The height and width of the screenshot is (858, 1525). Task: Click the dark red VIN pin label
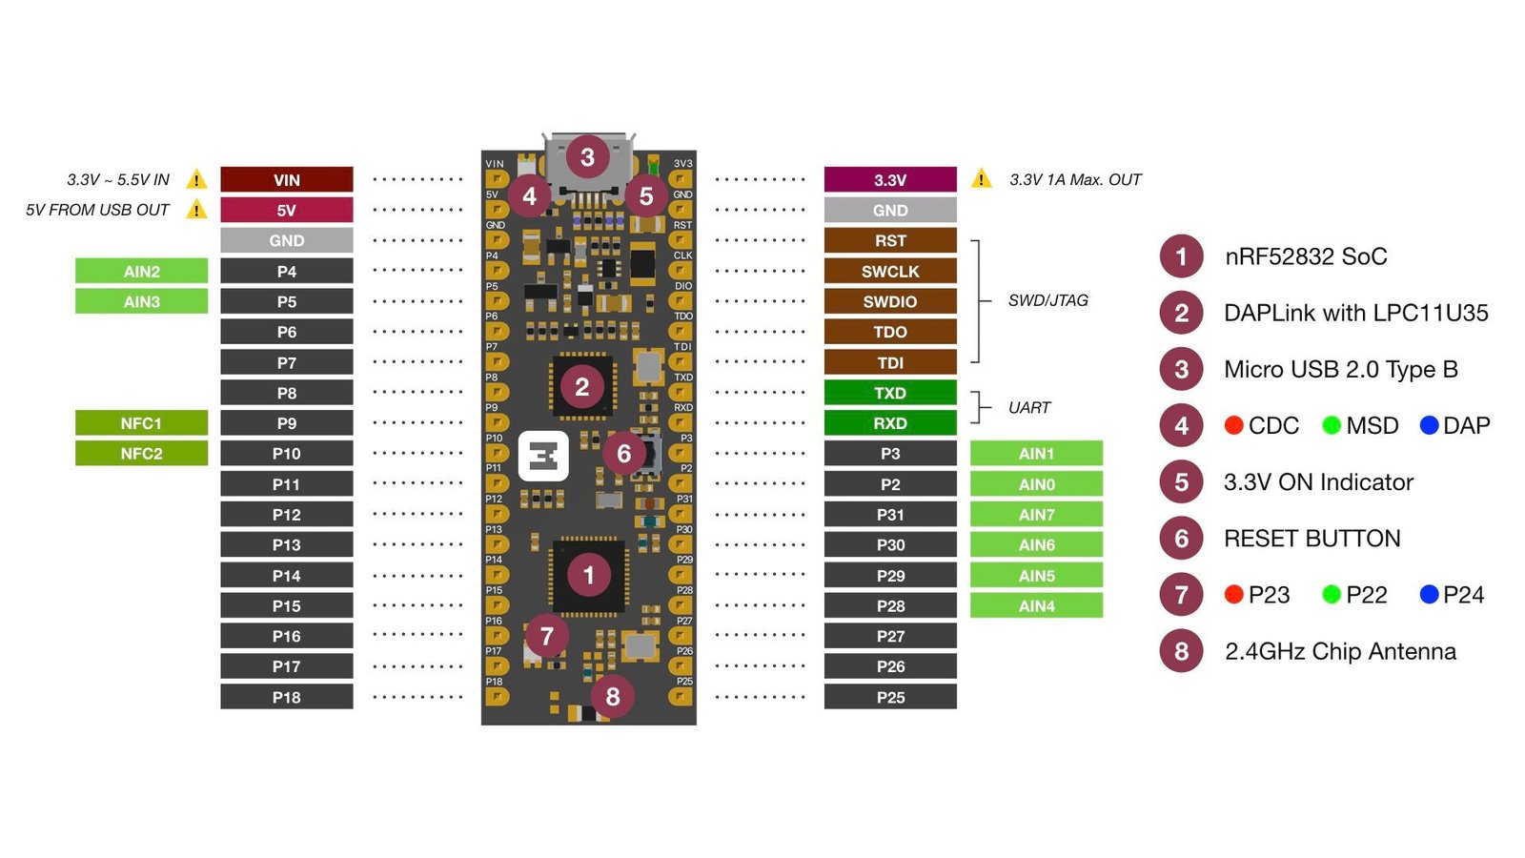tap(286, 179)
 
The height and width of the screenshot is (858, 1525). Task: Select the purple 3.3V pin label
tap(889, 179)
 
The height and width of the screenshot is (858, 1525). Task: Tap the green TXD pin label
tap(889, 393)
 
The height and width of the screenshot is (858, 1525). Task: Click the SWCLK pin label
tap(889, 271)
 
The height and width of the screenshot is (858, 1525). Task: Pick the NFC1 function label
tap(141, 423)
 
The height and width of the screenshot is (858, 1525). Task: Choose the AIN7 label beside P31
tap(1036, 515)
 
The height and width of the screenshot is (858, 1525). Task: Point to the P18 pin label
tap(286, 697)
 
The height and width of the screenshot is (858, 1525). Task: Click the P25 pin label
tap(889, 697)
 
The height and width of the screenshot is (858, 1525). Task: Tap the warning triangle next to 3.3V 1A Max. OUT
tap(981, 178)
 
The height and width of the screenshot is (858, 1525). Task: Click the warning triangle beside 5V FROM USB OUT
tap(196, 210)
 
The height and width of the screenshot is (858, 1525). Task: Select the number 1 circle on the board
tap(588, 575)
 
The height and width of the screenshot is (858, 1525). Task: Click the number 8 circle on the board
tap(612, 697)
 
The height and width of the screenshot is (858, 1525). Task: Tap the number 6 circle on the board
tap(623, 454)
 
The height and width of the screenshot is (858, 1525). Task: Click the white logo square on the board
tap(543, 457)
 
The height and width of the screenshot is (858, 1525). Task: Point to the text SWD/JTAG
tap(1047, 300)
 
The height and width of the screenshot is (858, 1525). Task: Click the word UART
tap(1028, 408)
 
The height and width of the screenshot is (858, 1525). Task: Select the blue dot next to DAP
tap(1429, 425)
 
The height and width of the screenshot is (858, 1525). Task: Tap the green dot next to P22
tap(1332, 595)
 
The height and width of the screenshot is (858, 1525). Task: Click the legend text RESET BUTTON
tap(1311, 539)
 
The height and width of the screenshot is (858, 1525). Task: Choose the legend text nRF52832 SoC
tap(1305, 256)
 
